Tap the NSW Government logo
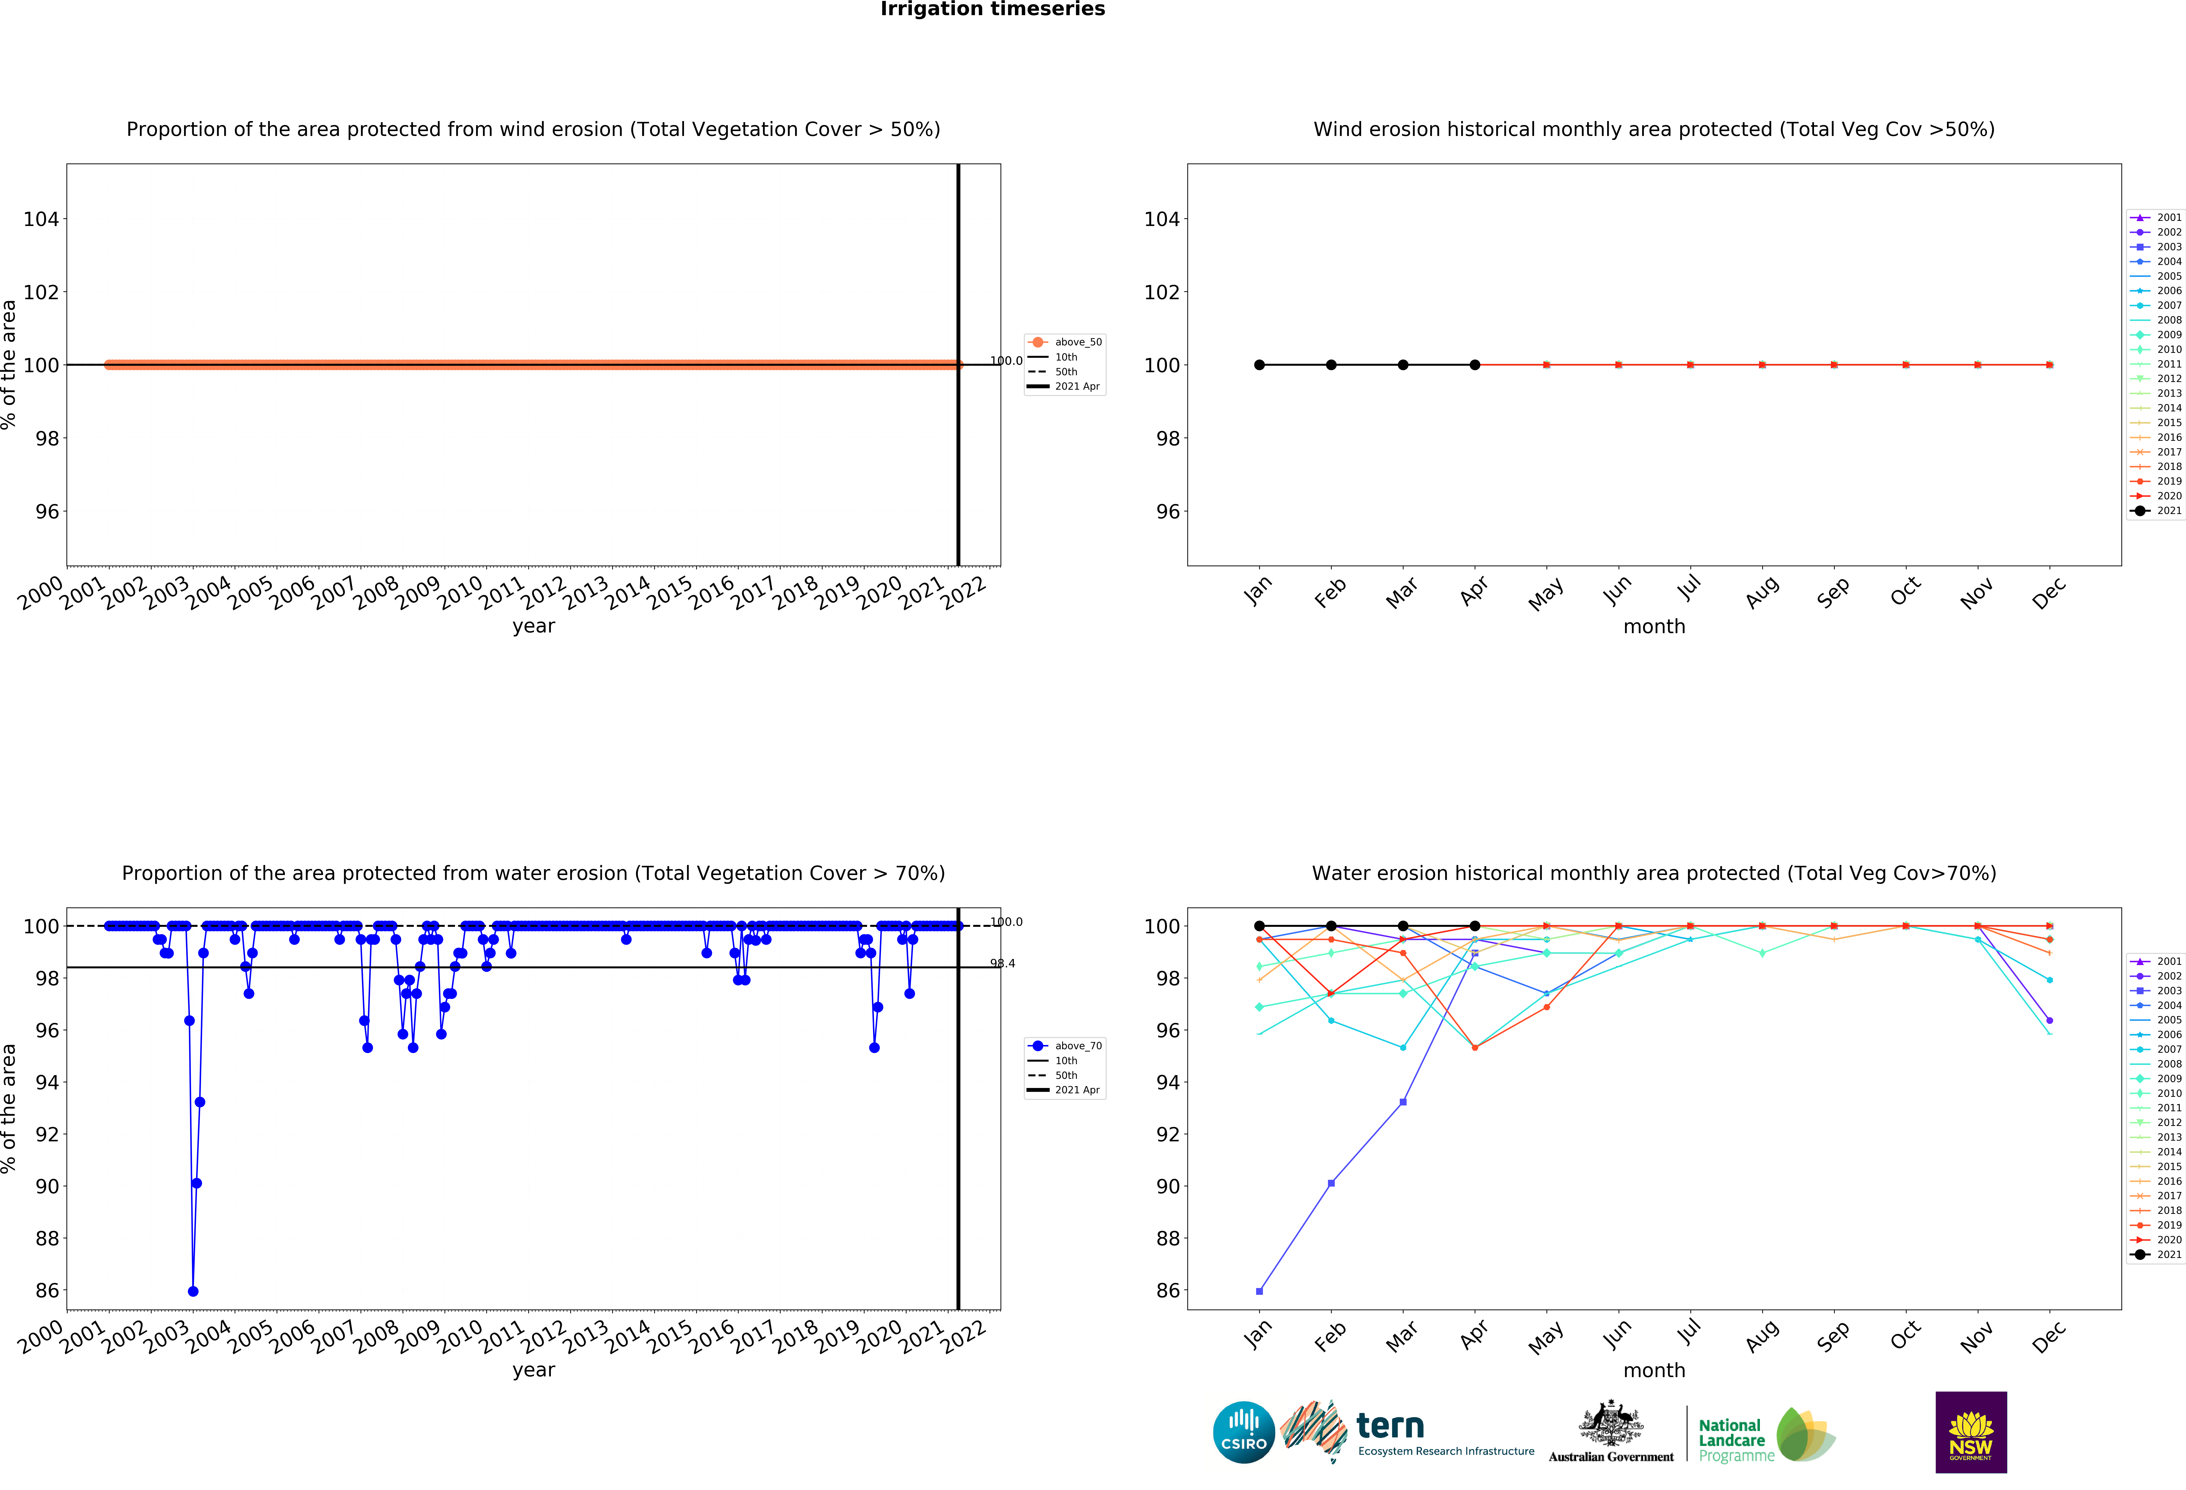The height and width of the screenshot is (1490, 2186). (x=1971, y=1432)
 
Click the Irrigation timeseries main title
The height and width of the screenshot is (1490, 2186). (x=992, y=9)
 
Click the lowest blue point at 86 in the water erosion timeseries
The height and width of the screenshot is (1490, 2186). (x=193, y=1292)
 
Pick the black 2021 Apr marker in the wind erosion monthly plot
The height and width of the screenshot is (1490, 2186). (x=1475, y=365)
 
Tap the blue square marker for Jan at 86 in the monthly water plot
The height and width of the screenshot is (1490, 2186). (x=1259, y=1292)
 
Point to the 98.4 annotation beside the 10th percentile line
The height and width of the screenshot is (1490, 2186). (x=1003, y=963)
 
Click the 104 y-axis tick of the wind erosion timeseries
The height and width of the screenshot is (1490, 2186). (x=41, y=219)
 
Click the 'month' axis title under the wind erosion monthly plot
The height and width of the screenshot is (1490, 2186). (x=1654, y=626)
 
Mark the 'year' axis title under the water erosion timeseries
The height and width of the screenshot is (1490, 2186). (x=533, y=1370)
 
